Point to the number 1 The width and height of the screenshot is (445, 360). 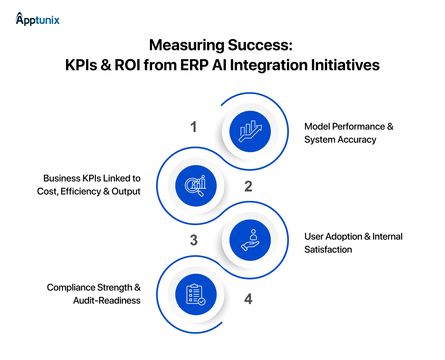(x=193, y=127)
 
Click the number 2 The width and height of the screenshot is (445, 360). (x=248, y=186)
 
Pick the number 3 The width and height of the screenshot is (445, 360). (x=194, y=240)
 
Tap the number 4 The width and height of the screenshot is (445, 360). (x=248, y=299)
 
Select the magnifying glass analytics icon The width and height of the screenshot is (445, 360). (x=196, y=186)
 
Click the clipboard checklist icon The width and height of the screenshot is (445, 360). (x=196, y=294)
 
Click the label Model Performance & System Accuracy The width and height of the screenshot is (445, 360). (x=349, y=133)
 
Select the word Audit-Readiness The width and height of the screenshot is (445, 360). (x=107, y=300)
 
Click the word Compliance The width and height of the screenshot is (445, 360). (x=71, y=287)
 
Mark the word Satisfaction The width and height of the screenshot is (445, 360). (x=328, y=250)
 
